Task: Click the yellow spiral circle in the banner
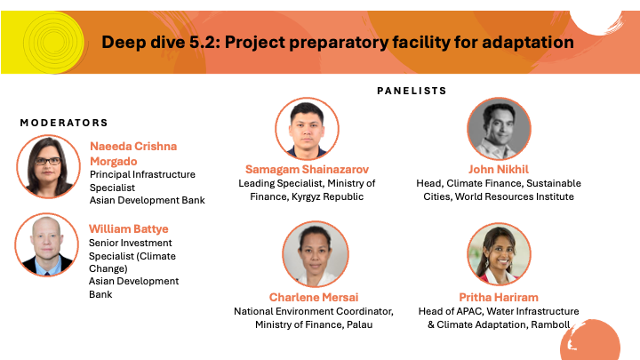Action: [53, 43]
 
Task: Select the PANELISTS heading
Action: [412, 91]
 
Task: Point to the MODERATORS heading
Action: [64, 123]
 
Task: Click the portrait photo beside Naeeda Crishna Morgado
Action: [48, 166]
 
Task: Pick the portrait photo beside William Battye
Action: [46, 244]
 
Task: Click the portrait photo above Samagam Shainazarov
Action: [307, 129]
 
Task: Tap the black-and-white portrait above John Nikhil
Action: [499, 129]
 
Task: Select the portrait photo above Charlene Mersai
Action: [315, 254]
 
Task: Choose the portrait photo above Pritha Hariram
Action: [499, 254]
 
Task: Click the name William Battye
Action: [129, 229]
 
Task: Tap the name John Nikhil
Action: [499, 170]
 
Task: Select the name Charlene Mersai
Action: [314, 297]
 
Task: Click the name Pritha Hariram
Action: [499, 297]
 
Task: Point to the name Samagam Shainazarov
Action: [307, 170]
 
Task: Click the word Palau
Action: [360, 325]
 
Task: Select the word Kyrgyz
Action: [306, 196]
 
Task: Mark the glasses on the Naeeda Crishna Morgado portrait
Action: [48, 161]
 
